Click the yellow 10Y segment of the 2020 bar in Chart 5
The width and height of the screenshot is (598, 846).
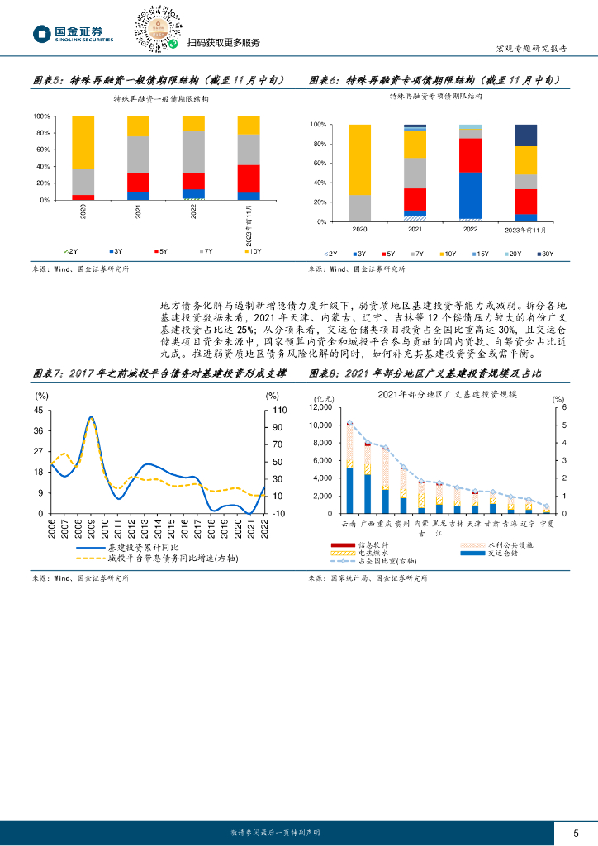pos(83,141)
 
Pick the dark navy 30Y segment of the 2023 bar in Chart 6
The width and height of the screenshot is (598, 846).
pos(525,135)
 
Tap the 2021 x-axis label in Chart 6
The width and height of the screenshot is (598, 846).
pos(415,229)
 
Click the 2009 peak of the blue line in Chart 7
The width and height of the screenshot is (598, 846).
pos(91,417)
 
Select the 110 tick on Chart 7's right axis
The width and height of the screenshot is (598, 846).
pos(279,411)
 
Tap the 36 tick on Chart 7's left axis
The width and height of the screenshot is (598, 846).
pos(39,430)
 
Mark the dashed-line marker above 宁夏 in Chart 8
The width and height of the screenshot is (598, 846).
pos(546,506)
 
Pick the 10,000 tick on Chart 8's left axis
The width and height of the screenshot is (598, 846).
pos(318,425)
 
